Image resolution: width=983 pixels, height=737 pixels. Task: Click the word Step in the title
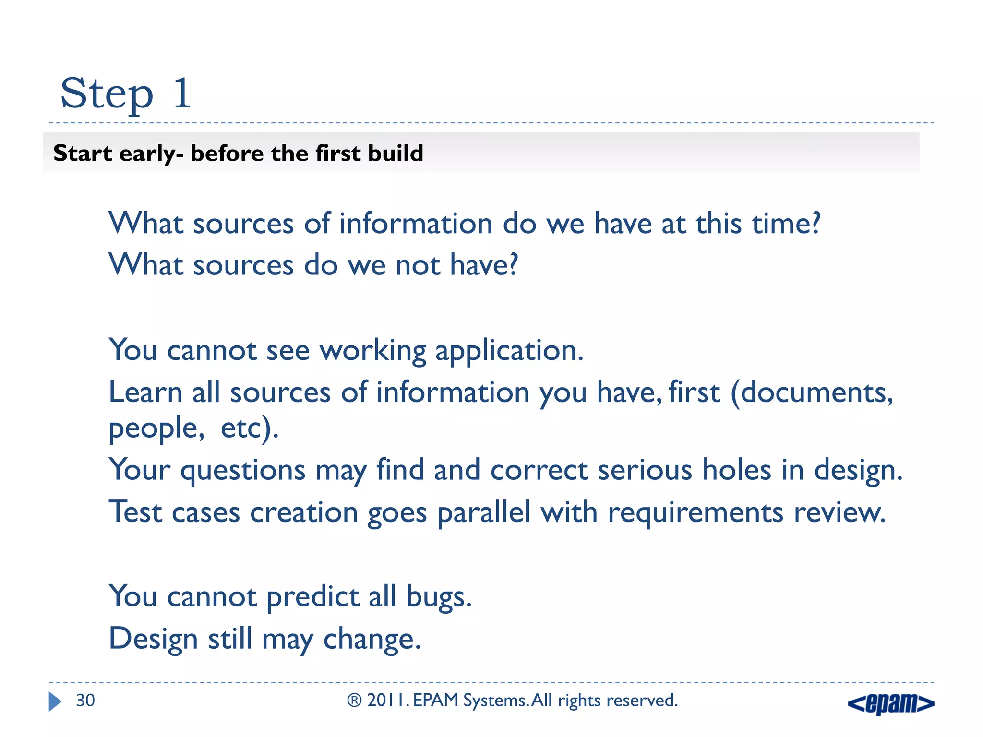click(107, 94)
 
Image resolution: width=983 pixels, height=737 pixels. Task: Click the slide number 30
click(85, 701)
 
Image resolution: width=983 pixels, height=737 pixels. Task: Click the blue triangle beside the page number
click(55, 701)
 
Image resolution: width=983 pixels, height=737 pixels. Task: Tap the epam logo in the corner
click(891, 704)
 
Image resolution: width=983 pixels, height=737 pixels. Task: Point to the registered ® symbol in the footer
click(354, 701)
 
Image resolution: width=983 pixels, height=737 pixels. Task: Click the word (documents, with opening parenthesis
click(811, 393)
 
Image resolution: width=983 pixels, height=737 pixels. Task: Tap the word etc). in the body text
click(249, 428)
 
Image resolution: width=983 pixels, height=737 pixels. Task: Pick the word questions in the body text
click(242, 470)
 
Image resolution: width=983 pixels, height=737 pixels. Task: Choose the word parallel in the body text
click(483, 512)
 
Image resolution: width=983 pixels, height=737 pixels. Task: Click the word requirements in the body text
click(695, 512)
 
